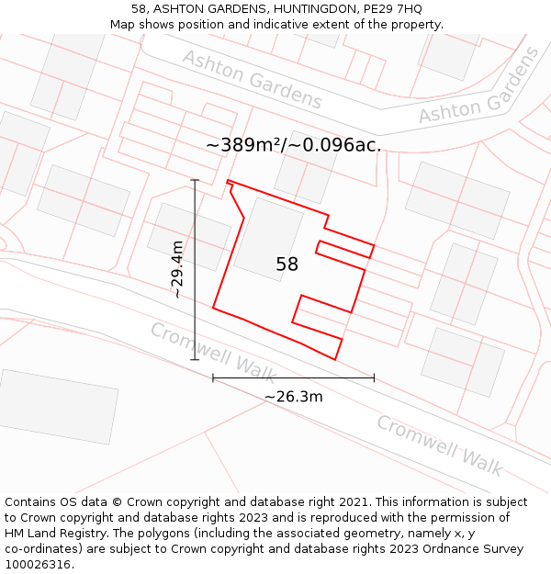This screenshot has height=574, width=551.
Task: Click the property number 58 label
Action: point(287,264)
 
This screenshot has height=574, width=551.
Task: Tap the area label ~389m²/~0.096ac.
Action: point(293,145)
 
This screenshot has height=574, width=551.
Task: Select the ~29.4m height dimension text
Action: point(180,269)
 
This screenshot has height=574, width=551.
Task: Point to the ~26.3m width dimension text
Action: point(293,397)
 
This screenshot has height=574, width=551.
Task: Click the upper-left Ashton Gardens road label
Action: point(252,80)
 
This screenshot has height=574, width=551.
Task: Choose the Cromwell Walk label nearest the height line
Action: point(213,352)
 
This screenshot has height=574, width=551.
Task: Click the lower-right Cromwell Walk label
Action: point(439,445)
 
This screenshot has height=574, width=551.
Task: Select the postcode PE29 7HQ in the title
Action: point(393,9)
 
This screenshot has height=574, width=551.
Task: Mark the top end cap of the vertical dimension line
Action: point(195,180)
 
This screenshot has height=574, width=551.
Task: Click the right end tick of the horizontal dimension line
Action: point(374,377)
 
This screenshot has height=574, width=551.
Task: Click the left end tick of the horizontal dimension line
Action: point(213,377)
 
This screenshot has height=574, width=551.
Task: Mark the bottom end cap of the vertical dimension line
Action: point(195,360)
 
